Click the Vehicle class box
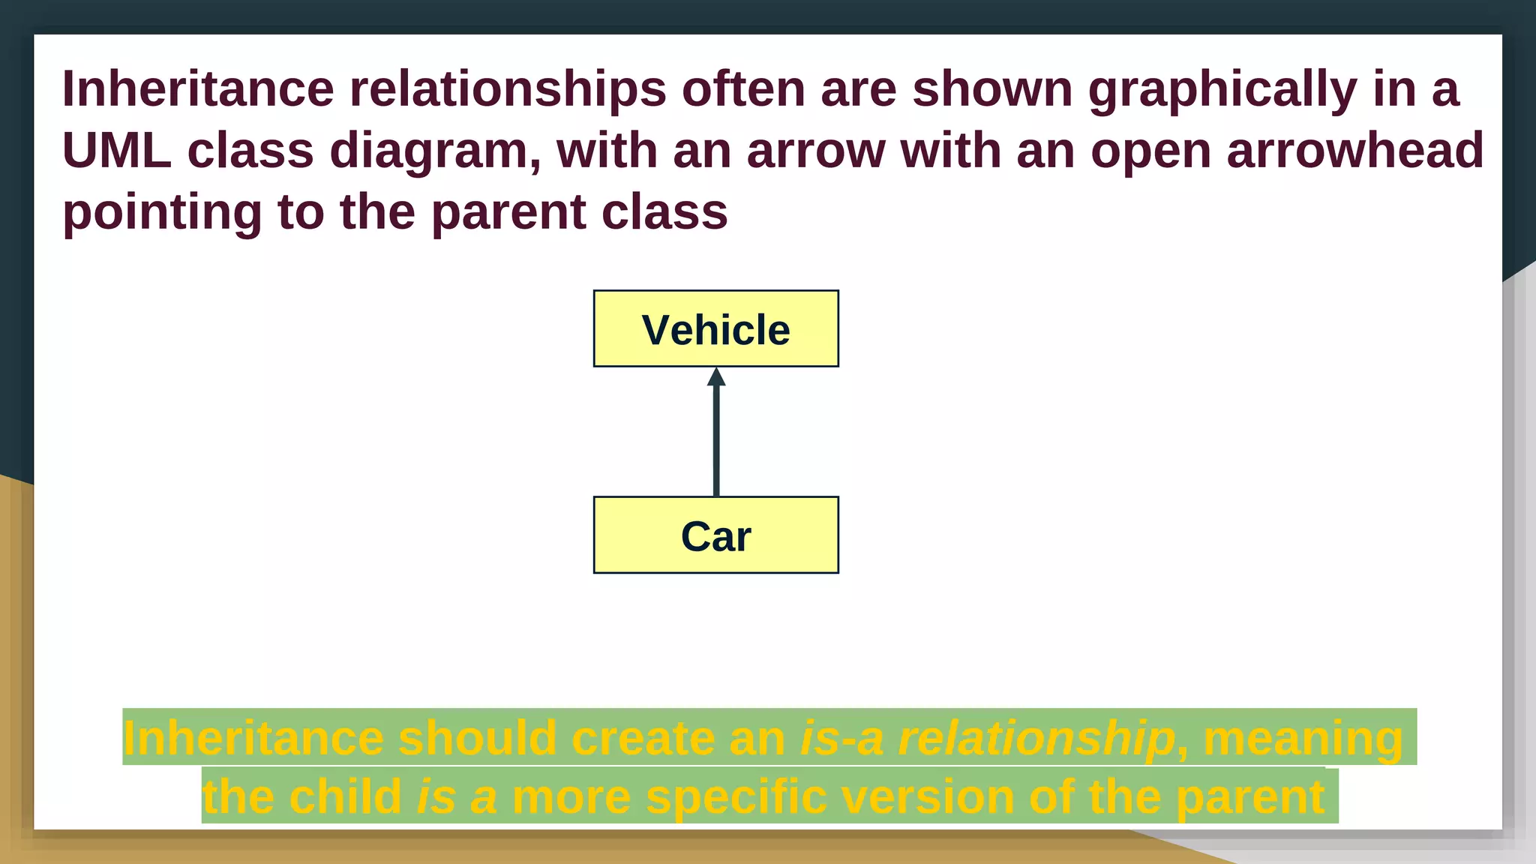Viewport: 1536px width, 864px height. tap(715, 328)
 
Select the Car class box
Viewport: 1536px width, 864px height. tap(715, 535)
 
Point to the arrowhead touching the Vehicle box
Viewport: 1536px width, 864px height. tap(716, 376)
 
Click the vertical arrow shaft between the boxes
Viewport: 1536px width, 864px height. tap(716, 442)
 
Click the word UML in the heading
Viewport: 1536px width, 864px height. tap(116, 150)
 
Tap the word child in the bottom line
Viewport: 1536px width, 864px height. tap(346, 796)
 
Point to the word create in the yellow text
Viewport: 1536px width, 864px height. tap(642, 739)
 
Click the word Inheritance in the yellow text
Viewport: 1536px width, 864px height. tap(253, 739)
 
